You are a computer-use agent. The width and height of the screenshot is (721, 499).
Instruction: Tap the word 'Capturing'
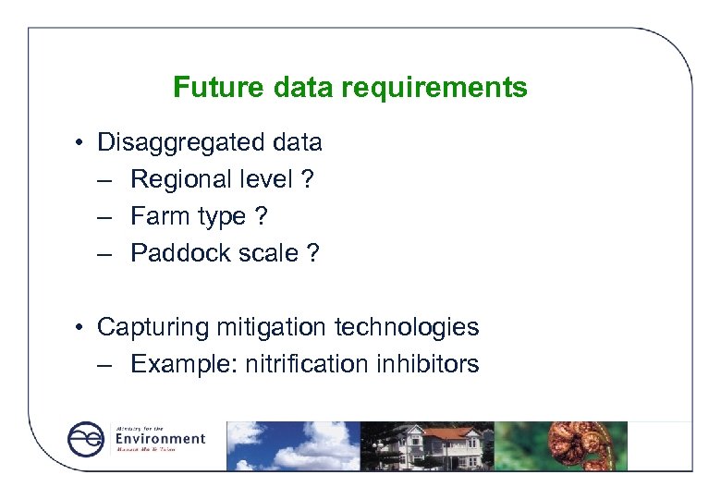point(153,327)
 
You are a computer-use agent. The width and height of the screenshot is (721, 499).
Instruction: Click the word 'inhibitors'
point(428,364)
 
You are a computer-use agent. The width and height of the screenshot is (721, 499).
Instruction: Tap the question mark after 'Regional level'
point(307,179)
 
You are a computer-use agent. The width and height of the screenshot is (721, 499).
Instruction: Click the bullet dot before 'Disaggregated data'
point(82,143)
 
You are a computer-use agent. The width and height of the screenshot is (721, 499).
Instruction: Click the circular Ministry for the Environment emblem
point(86,439)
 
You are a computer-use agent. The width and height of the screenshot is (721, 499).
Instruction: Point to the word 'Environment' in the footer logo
point(160,438)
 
